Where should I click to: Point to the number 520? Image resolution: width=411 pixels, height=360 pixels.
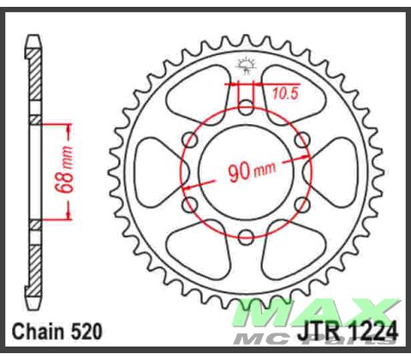pyautogui.click(x=90, y=331)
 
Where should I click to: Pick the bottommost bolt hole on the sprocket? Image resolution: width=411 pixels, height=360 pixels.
pyautogui.click(x=246, y=237)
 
